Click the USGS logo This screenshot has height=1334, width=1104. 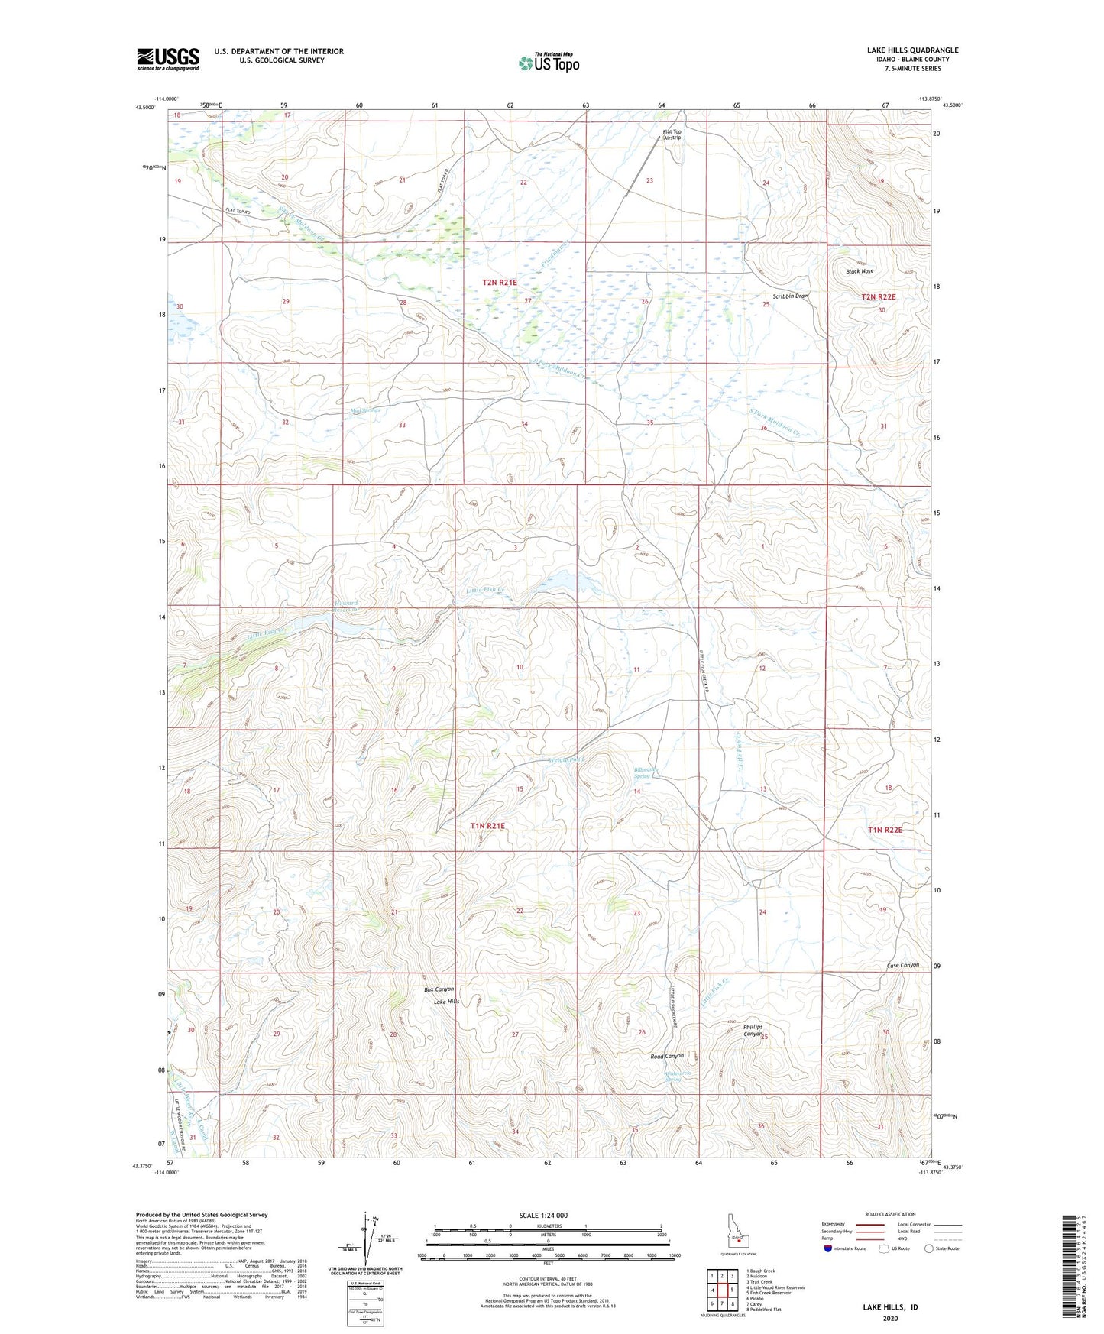(167, 59)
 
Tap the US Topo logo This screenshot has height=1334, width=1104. (549, 63)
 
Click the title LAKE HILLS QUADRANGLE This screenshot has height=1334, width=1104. (912, 50)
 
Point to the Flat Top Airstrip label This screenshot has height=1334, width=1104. (672, 134)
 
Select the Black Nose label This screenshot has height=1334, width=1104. (860, 271)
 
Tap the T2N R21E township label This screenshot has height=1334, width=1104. (500, 283)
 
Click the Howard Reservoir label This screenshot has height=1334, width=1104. (346, 607)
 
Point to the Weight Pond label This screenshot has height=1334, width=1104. (566, 760)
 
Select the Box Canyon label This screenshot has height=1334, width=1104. (439, 989)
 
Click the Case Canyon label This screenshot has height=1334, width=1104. (902, 965)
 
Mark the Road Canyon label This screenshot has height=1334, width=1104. (666, 1056)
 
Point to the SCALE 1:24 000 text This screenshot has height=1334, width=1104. (543, 1216)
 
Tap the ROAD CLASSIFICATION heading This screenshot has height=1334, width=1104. (891, 1214)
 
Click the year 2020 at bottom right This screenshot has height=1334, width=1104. (890, 1318)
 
